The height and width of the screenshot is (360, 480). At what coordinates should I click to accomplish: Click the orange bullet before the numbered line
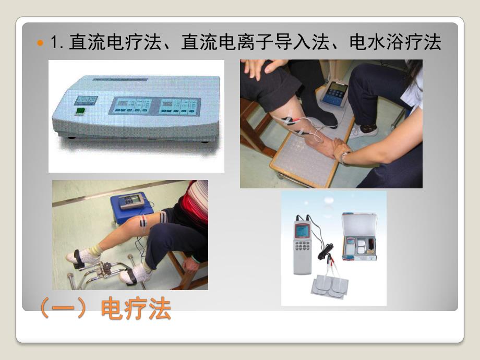pos(40,43)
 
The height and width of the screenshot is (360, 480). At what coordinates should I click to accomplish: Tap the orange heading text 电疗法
pos(136,309)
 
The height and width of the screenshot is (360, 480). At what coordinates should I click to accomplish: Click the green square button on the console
pos(80,111)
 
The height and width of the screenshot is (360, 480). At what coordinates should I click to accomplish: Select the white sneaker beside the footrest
pos(363,130)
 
